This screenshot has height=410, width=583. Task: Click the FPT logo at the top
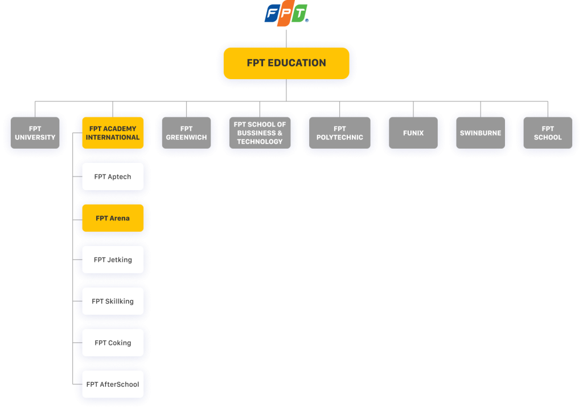click(286, 14)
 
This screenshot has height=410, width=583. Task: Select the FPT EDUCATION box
click(286, 63)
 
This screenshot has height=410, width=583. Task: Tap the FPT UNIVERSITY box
click(35, 133)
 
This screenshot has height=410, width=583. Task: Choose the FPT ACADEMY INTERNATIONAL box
click(113, 133)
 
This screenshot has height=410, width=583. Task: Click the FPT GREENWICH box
click(186, 133)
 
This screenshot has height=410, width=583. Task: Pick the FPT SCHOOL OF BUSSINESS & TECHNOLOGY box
click(260, 133)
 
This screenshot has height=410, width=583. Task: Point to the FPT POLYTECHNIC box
click(339, 133)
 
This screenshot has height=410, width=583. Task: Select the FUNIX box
click(413, 133)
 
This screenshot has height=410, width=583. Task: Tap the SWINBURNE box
click(481, 133)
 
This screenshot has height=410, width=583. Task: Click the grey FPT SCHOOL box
click(548, 133)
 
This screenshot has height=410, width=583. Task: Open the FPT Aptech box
click(113, 177)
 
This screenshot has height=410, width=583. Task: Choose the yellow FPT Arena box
click(113, 219)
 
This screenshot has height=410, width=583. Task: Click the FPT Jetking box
click(113, 260)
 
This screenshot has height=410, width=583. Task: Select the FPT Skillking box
click(113, 302)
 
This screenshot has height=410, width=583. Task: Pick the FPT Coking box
click(113, 343)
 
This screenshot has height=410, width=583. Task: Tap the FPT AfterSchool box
click(113, 385)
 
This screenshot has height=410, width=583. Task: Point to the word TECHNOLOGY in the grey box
click(260, 142)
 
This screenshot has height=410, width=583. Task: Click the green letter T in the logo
click(300, 14)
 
